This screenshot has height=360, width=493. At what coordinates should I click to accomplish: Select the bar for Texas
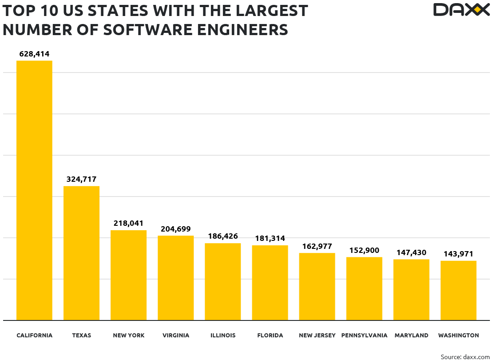[x=81, y=253]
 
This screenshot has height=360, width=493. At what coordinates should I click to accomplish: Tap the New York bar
[x=128, y=275]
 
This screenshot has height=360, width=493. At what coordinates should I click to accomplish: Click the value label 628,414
[x=34, y=54]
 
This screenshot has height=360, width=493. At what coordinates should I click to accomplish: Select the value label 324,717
[x=81, y=180]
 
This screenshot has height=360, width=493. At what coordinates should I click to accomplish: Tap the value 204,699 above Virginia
[x=175, y=229]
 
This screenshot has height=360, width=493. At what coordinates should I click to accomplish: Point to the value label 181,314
[x=270, y=239]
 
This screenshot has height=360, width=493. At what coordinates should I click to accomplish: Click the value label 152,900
[x=364, y=251]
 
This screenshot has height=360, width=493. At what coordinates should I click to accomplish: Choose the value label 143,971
[x=458, y=254]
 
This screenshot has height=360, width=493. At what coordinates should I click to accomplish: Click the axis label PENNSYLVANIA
[x=364, y=336]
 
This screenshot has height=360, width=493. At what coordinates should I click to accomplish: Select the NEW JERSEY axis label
[x=317, y=336]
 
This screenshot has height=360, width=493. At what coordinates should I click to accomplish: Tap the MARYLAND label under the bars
[x=411, y=336]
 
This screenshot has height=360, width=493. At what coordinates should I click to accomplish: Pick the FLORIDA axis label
[x=270, y=336]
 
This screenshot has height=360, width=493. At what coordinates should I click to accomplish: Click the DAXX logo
[x=461, y=10]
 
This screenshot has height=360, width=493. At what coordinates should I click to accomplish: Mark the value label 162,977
[x=317, y=246]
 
